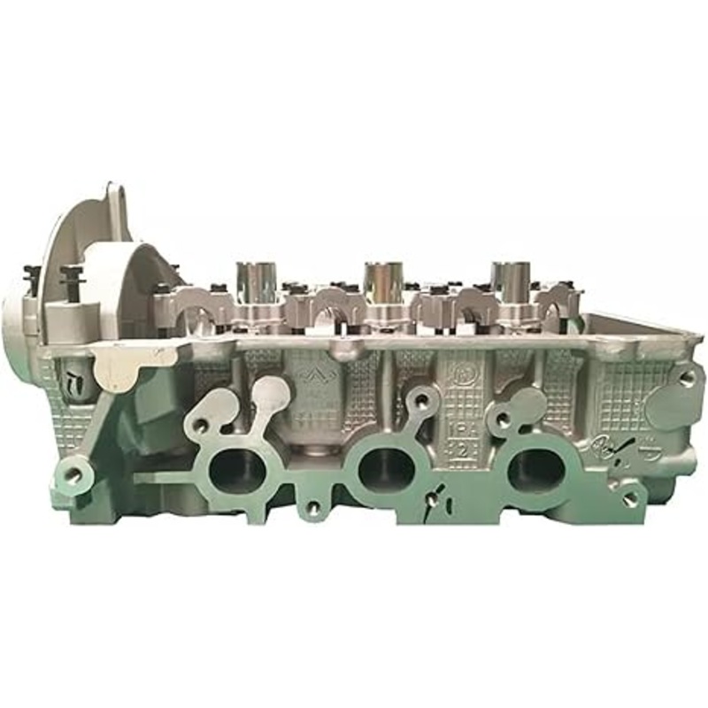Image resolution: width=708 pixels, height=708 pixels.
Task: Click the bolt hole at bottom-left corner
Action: point(73,474)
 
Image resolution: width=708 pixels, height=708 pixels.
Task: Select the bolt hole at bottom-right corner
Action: point(630,498)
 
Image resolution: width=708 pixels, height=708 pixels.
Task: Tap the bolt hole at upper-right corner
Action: point(686,377)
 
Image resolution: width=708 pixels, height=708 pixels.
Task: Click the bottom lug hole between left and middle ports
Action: point(312,508)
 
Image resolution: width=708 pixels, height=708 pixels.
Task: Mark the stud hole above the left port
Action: point(202,425)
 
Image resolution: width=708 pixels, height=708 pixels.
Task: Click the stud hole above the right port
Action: point(503,422)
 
